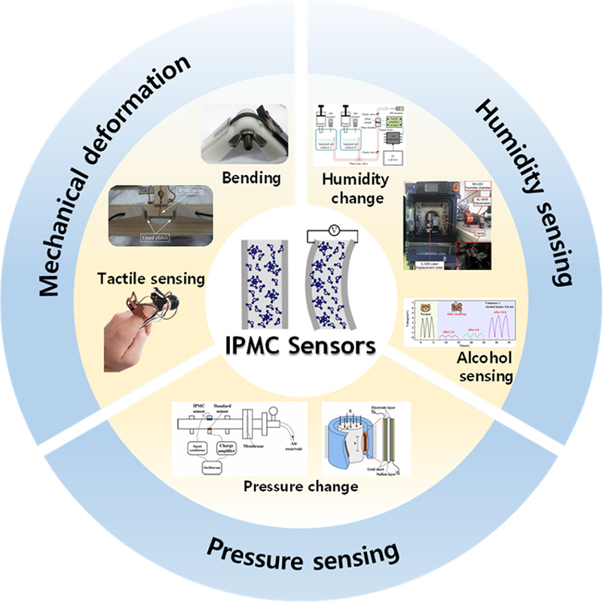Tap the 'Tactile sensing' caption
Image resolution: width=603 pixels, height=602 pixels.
[152, 278]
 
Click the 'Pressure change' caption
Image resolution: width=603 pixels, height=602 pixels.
[300, 487]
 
